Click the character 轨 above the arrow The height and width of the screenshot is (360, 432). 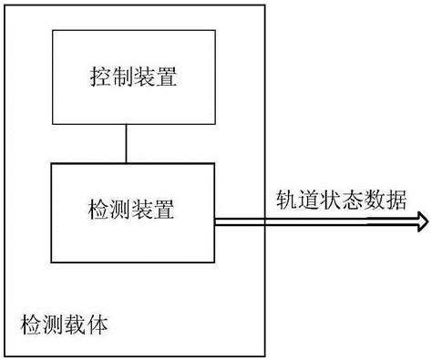(x=286, y=201)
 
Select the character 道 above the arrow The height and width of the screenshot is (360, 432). (x=308, y=201)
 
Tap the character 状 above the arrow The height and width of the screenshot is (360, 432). (x=329, y=201)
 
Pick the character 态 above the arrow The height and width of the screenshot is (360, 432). (x=351, y=201)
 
